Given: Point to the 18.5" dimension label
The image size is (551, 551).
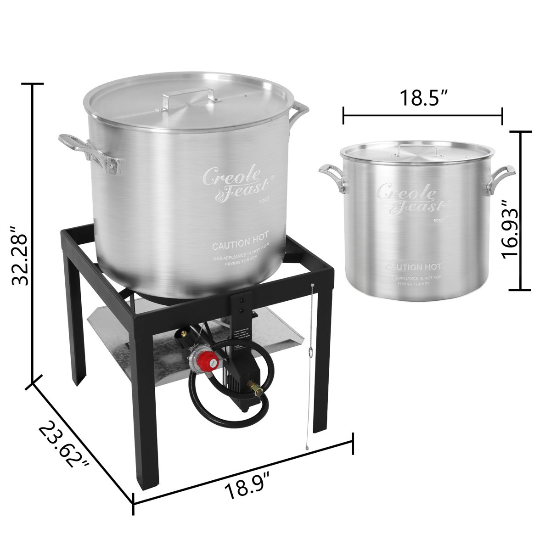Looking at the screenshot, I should tap(422, 97).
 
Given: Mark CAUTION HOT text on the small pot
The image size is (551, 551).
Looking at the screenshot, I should tap(412, 266).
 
